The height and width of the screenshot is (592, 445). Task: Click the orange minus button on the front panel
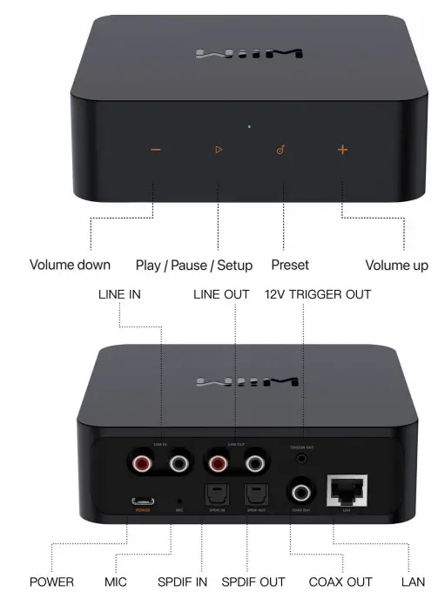pos(155,150)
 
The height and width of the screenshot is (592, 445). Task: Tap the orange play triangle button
pos(219,150)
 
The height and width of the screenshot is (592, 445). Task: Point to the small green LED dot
pos(249,127)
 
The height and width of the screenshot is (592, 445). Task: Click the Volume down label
pos(70,265)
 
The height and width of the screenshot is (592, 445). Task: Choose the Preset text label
pos(290,265)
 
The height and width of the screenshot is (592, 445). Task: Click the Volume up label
pos(396,265)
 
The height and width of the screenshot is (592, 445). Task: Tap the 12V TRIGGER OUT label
pos(317,294)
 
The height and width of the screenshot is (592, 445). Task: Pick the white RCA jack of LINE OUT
pos(255,463)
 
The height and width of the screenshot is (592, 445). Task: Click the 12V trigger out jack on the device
pos(301,457)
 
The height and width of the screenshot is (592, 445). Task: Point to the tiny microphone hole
pos(179,501)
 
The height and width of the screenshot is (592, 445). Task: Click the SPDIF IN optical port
pos(214,495)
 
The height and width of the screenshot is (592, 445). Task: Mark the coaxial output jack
pos(301,494)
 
